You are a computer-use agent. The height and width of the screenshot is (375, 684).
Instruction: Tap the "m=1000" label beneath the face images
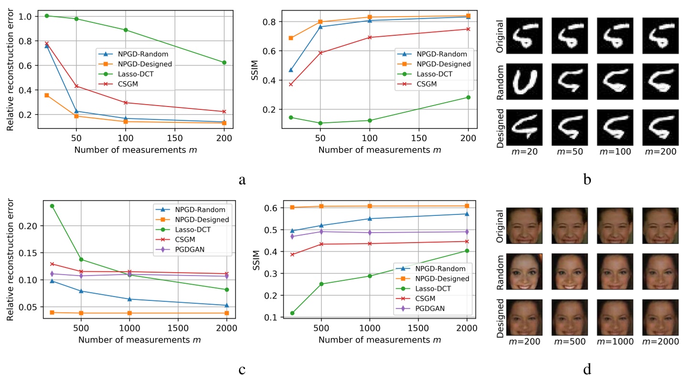[x=616, y=342]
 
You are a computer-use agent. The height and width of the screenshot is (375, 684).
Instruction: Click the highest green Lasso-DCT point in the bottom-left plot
[x=52, y=206]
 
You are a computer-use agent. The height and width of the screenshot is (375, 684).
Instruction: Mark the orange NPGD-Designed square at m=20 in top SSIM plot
[x=291, y=38]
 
